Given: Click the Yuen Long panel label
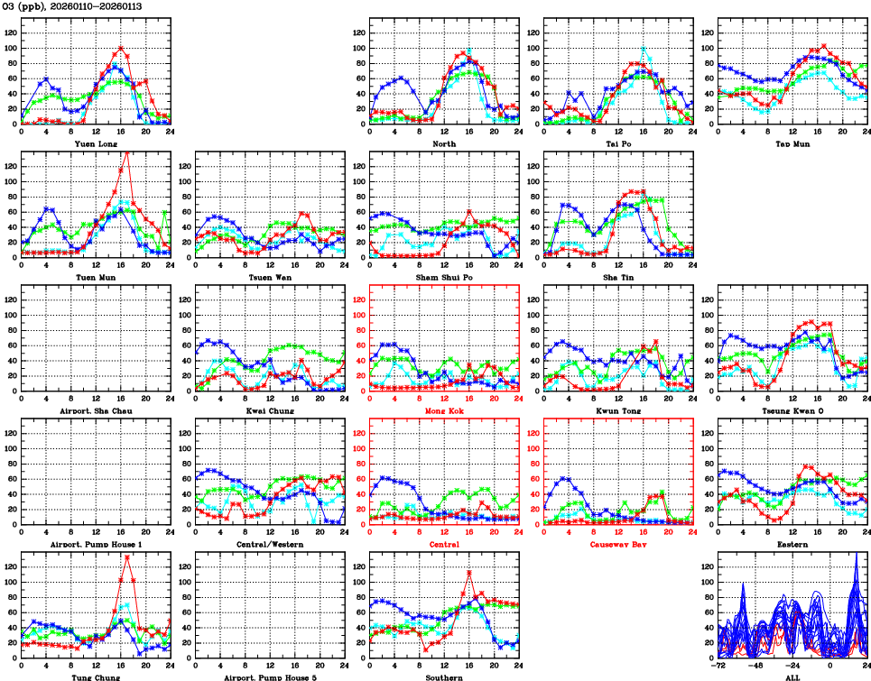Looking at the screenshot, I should click(96, 143).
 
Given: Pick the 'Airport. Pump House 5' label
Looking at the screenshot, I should click(270, 677).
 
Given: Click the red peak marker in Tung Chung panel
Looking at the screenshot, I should click(127, 557).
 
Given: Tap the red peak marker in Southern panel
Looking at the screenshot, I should click(469, 573).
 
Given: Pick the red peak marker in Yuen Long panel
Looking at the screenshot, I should click(121, 49).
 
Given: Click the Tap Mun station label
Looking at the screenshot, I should click(792, 143).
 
